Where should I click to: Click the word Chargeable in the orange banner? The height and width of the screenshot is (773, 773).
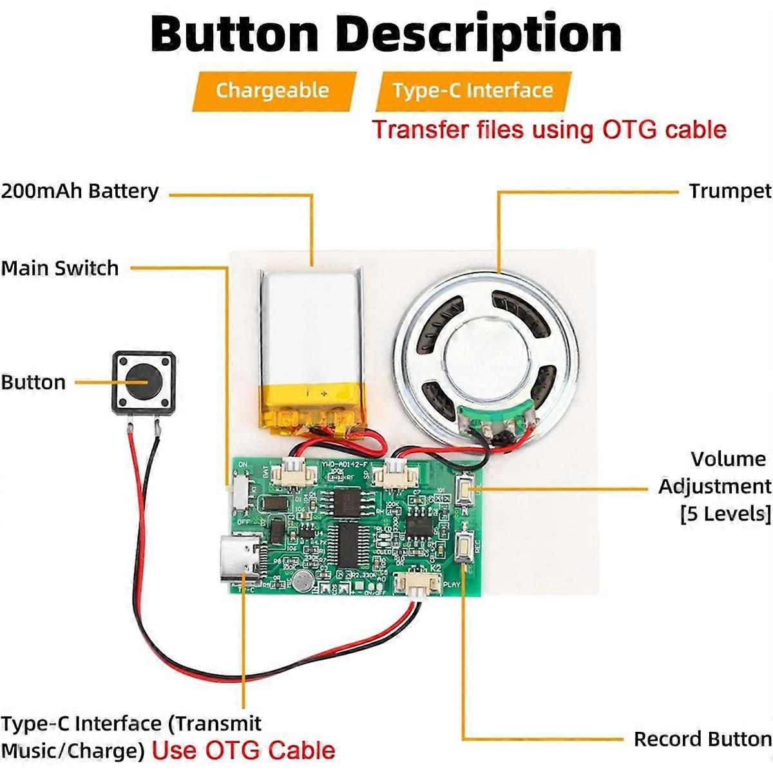[x=272, y=90]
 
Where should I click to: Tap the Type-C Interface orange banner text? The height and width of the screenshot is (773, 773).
[x=473, y=90]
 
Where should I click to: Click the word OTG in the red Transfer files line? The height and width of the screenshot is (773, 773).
[x=630, y=129]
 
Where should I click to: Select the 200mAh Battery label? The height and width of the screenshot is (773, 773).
[x=80, y=191]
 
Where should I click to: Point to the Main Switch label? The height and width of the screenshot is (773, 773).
[x=60, y=268]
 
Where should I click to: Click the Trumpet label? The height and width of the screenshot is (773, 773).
[x=729, y=191]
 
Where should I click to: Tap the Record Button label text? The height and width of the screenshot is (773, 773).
[x=702, y=739]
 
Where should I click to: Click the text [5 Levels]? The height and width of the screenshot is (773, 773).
[x=725, y=513]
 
